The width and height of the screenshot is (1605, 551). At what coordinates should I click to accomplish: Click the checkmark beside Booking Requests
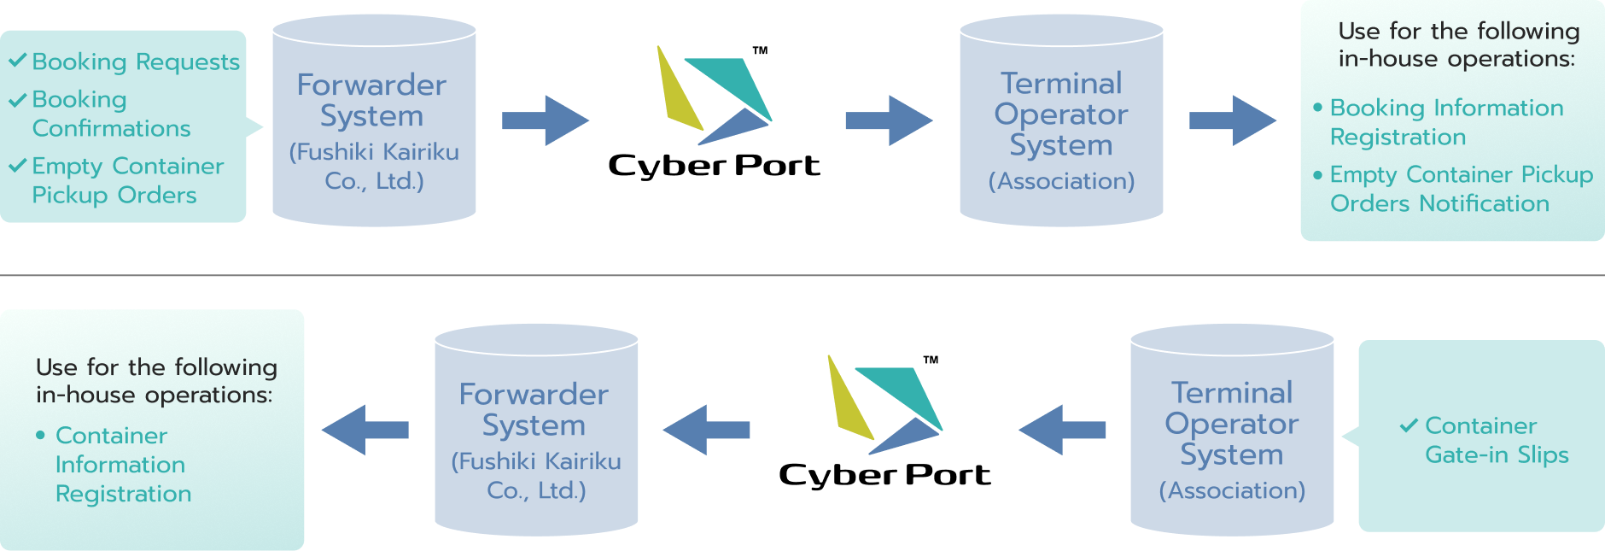click(x=18, y=61)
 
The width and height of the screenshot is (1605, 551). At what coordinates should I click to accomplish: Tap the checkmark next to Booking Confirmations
click(x=18, y=100)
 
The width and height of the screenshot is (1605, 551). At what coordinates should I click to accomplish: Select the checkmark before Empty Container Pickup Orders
click(x=18, y=166)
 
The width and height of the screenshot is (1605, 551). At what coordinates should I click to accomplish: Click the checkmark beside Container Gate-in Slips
click(x=1409, y=425)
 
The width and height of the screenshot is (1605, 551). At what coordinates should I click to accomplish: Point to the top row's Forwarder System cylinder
click(x=374, y=120)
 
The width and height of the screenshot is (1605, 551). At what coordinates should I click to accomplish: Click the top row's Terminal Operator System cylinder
click(x=1061, y=120)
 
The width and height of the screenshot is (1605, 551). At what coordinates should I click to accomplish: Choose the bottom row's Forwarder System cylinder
click(x=536, y=430)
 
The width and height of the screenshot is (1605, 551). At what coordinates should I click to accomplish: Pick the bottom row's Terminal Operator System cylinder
click(x=1232, y=430)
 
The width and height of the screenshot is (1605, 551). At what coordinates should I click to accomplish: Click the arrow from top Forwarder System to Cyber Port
click(x=546, y=120)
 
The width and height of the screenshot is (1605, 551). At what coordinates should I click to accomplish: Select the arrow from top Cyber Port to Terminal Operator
click(x=889, y=120)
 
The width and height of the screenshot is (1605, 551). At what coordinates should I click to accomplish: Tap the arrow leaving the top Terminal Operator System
click(x=1233, y=120)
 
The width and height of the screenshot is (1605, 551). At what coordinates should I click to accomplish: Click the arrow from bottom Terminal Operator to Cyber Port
click(x=1062, y=430)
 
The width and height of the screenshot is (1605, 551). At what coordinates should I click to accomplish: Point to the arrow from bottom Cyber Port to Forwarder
click(x=706, y=430)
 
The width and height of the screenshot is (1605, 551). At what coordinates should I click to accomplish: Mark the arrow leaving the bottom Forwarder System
click(x=365, y=430)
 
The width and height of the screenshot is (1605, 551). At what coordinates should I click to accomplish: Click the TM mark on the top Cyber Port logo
click(x=760, y=50)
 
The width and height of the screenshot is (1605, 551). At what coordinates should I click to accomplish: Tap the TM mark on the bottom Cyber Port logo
click(x=931, y=360)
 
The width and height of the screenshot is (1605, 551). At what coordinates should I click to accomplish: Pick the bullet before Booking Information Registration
click(x=1318, y=107)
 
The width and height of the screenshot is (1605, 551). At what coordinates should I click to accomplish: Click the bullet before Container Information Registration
click(x=40, y=435)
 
